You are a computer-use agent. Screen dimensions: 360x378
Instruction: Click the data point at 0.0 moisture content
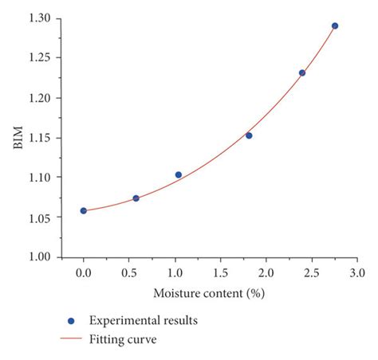[x=84, y=211]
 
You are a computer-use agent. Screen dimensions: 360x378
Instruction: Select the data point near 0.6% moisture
[x=136, y=198]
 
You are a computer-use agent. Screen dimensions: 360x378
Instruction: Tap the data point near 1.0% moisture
[x=178, y=174]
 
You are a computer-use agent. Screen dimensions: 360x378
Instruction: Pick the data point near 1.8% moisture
[x=249, y=135]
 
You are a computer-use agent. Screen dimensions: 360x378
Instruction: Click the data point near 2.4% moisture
[x=302, y=73]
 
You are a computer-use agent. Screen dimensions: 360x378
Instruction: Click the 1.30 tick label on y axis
[x=37, y=18]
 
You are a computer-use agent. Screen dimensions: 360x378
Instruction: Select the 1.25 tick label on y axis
[x=37, y=58]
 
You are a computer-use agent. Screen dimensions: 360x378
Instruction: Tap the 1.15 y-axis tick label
[x=37, y=138]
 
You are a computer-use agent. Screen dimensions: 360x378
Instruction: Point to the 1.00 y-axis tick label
[x=37, y=257]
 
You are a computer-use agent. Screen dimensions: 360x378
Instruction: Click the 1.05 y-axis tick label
[x=37, y=217]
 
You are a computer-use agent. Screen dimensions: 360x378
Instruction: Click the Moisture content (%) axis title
[x=209, y=293]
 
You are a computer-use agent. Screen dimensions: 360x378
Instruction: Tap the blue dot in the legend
[x=71, y=321]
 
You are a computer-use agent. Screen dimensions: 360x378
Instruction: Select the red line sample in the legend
[x=71, y=338]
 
